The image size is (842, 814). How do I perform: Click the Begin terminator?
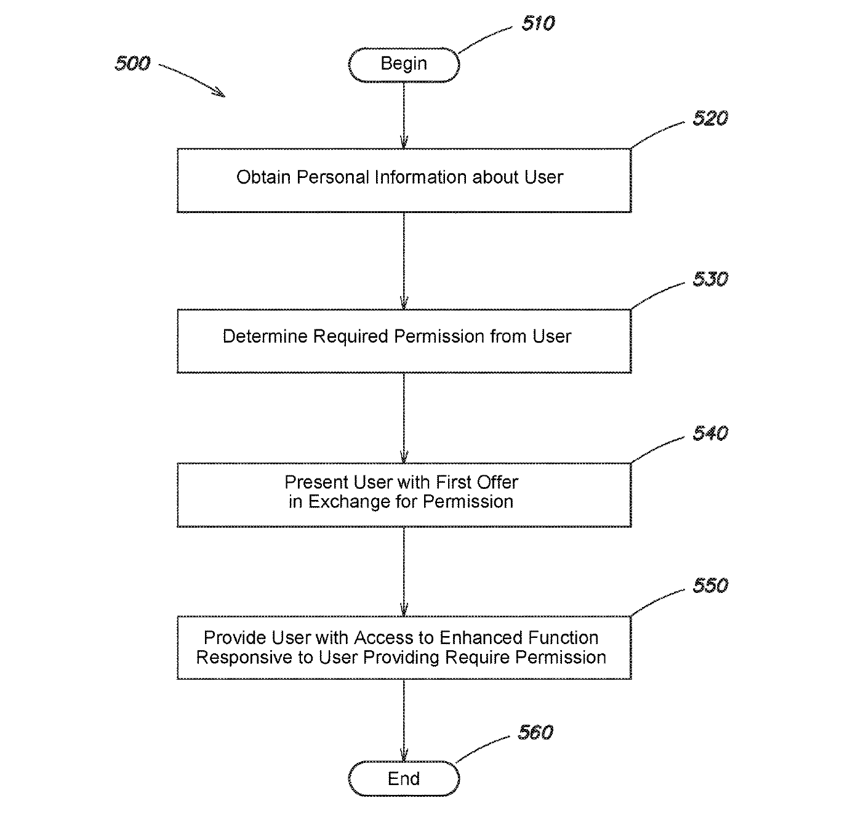tap(404, 64)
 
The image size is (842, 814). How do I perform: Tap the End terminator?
tap(404, 779)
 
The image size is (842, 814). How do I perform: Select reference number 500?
tap(132, 63)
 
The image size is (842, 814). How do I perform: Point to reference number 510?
tap(538, 24)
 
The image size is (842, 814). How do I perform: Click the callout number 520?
tap(710, 118)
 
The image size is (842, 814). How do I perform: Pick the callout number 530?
tap(710, 279)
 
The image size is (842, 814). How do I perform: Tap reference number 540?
tap(710, 433)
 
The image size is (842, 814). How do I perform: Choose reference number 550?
tap(710, 585)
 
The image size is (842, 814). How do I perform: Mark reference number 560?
tap(535, 732)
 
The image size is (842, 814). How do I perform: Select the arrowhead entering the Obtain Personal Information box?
tap(404, 143)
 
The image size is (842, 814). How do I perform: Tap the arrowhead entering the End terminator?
tap(404, 756)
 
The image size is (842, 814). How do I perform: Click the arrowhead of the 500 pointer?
tap(220, 94)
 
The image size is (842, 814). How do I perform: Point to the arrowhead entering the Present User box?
tap(404, 458)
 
